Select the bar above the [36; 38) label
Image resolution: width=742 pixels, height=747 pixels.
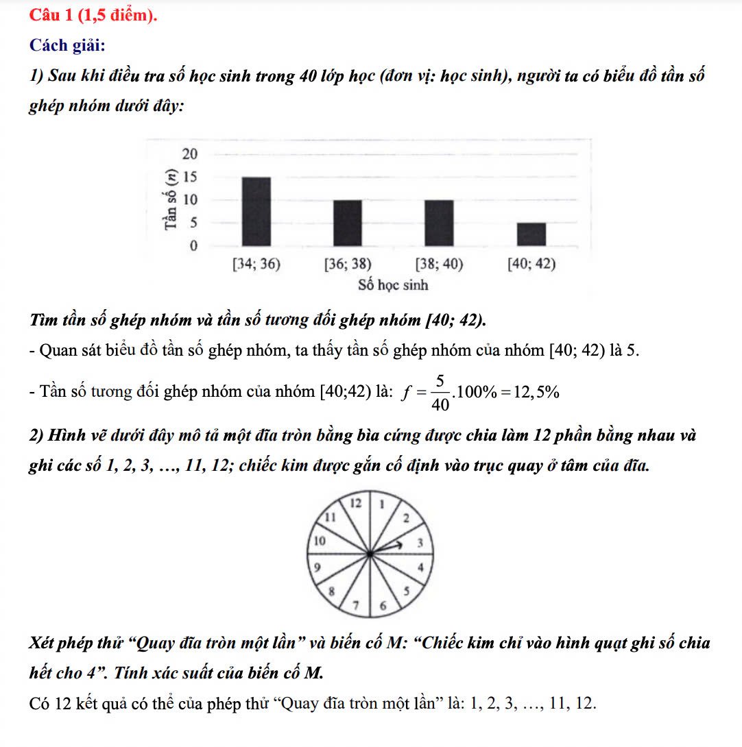[348, 223]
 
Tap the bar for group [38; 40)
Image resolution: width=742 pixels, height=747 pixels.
[439, 223]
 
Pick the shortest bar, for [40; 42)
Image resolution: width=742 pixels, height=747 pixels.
[531, 234]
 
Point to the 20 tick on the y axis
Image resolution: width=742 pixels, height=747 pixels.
[189, 152]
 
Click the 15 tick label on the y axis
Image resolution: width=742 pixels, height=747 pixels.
[189, 177]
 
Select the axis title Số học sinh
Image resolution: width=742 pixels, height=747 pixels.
[393, 284]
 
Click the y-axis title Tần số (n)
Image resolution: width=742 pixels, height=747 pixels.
[167, 199]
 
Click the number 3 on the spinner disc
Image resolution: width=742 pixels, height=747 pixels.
[422, 543]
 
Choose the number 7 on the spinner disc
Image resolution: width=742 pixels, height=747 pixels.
[356, 604]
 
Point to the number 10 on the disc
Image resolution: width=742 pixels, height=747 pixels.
[318, 541]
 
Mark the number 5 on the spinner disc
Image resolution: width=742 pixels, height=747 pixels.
[406, 590]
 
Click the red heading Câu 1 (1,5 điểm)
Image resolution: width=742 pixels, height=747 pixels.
[93, 15]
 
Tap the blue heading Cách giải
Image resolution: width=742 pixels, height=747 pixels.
[67, 45]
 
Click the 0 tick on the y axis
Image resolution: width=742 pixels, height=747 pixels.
[193, 245]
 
